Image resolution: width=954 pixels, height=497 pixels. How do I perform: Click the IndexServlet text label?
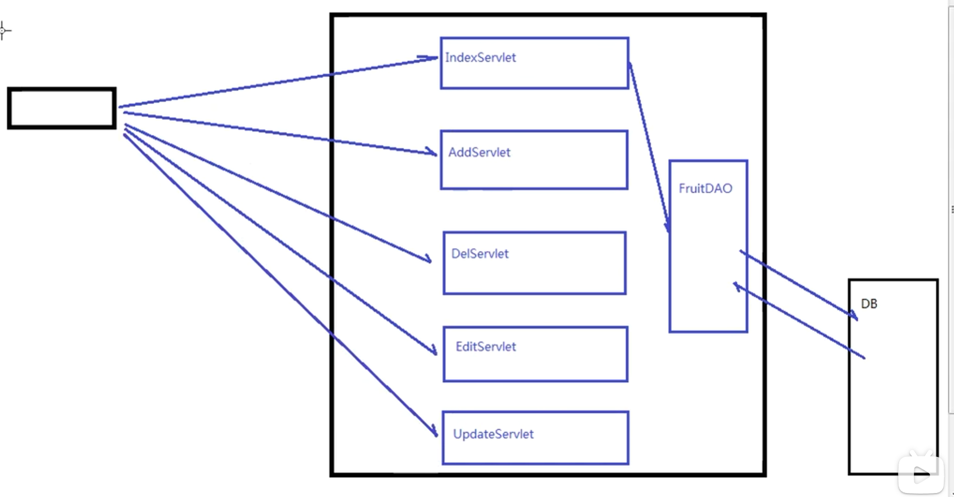click(x=481, y=58)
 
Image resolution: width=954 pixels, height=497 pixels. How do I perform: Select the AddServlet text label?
click(x=479, y=153)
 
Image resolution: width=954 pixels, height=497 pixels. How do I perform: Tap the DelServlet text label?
click(x=480, y=254)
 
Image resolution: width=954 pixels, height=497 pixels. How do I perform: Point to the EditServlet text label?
click(x=486, y=347)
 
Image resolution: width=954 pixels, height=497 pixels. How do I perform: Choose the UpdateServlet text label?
click(x=493, y=434)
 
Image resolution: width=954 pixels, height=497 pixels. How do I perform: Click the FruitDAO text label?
click(x=705, y=188)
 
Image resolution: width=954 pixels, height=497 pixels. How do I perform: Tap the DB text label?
click(x=869, y=304)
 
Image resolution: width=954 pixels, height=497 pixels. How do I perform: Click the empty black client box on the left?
click(x=62, y=108)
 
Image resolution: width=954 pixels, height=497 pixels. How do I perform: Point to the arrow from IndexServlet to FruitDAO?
click(x=649, y=148)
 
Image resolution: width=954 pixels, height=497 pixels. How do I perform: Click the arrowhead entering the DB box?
click(x=852, y=315)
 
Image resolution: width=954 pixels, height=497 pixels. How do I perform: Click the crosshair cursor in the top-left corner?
click(x=3, y=31)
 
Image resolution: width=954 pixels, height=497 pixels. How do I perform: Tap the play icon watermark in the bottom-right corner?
click(x=921, y=474)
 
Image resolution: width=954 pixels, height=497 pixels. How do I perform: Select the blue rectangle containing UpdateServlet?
click(x=536, y=438)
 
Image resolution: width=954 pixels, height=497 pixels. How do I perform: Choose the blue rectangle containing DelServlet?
click(x=534, y=263)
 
